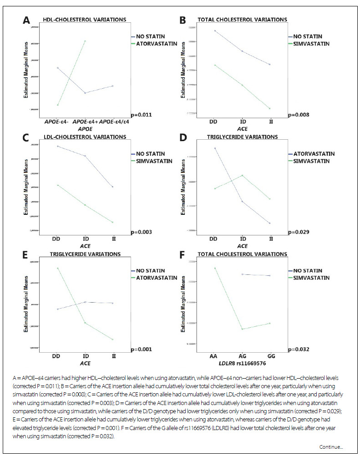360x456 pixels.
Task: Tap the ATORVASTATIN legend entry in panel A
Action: [x=152, y=44]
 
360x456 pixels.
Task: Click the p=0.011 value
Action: [x=141, y=115]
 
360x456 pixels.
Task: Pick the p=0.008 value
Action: [x=299, y=115]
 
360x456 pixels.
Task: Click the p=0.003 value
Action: [x=141, y=232]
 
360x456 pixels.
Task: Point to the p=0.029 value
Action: [x=299, y=232]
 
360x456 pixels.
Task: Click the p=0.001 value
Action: [x=141, y=349]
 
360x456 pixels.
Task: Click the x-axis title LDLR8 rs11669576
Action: [x=241, y=363]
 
